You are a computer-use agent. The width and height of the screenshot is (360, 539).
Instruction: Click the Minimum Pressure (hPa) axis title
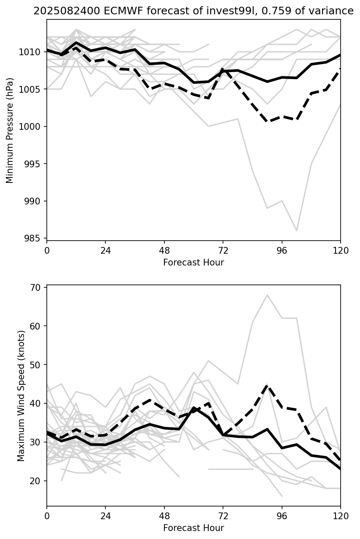click(x=10, y=130)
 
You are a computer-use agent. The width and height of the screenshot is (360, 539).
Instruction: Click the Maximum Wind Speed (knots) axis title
click(x=21, y=395)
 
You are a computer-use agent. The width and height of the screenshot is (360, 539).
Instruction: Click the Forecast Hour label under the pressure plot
click(x=193, y=263)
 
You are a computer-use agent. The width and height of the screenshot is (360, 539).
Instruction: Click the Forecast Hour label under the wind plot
click(x=193, y=528)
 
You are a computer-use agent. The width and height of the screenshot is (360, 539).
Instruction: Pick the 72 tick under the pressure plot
click(x=223, y=250)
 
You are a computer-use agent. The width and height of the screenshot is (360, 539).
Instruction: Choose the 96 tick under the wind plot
click(x=282, y=516)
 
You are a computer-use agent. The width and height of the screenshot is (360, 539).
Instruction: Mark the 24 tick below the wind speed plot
click(x=105, y=516)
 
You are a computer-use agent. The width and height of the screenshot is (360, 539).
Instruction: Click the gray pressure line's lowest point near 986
click(x=297, y=231)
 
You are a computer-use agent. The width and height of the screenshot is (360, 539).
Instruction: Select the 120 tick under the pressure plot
click(x=340, y=250)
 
